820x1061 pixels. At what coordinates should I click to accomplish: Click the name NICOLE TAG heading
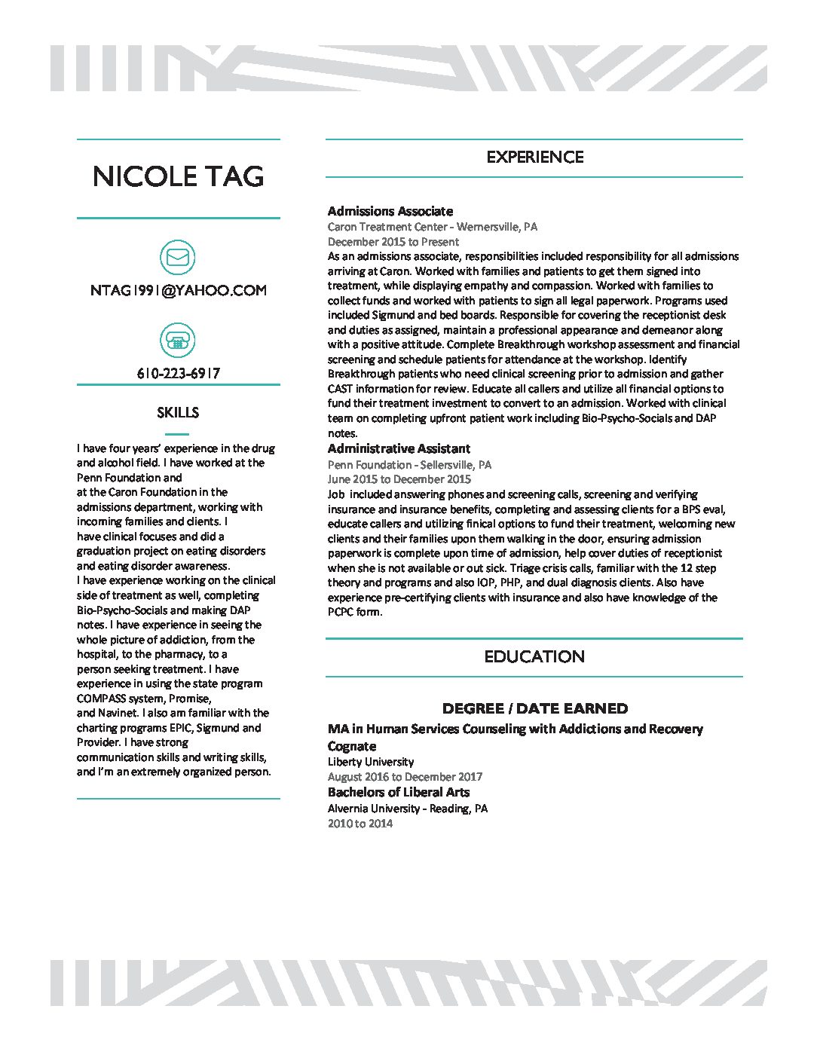(x=179, y=176)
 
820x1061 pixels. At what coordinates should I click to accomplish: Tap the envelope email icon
(x=178, y=258)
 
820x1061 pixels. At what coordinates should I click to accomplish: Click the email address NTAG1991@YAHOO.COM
(x=178, y=291)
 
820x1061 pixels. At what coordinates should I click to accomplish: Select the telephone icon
(x=178, y=341)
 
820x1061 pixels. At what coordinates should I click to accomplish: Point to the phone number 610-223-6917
(x=178, y=373)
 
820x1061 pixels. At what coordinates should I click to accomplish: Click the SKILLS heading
(x=178, y=412)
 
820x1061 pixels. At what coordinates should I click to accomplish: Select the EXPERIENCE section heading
(x=534, y=157)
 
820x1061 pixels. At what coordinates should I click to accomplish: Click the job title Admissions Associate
(x=390, y=211)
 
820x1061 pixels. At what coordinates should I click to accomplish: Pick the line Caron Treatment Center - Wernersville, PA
(x=433, y=227)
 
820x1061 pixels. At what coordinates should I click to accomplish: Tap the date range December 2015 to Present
(x=393, y=242)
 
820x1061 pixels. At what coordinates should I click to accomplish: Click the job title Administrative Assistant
(x=399, y=448)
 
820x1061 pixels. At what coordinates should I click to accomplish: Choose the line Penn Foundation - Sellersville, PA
(x=409, y=465)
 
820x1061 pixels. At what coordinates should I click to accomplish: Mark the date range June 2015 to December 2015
(x=399, y=479)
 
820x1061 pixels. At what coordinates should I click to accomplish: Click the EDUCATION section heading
(x=534, y=656)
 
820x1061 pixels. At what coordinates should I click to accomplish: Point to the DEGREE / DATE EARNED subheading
(x=534, y=708)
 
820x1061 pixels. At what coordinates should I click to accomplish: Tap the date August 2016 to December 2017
(x=405, y=777)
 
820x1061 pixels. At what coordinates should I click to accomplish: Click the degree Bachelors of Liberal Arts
(x=399, y=792)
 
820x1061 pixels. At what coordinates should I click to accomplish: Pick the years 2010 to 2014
(x=360, y=824)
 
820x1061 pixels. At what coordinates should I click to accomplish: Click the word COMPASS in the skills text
(x=102, y=699)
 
